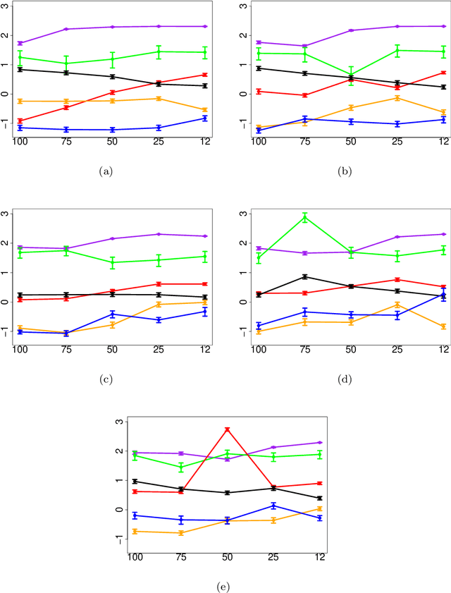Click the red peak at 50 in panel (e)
(x=227, y=429)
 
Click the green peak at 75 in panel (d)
(x=304, y=218)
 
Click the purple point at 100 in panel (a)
(x=20, y=43)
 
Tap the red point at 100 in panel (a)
(x=20, y=121)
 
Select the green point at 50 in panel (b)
(x=351, y=74)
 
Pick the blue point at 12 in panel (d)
(x=443, y=295)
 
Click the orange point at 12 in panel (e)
(x=320, y=508)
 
